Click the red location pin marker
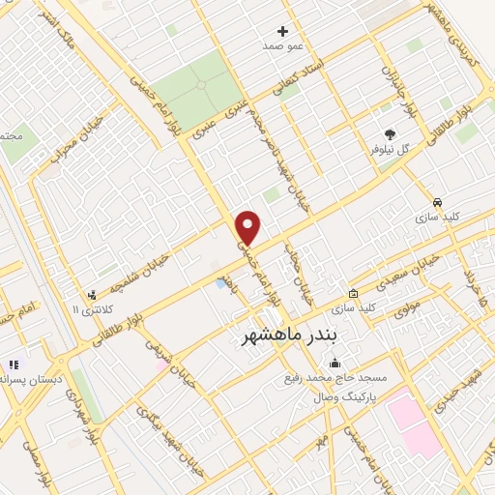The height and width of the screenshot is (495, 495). point(248,228)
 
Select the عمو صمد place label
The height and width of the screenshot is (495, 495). point(282,46)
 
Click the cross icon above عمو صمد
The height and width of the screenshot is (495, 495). point(282,31)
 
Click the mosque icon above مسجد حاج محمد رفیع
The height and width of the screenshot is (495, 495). point(335,364)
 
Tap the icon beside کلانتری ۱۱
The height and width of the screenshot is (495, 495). point(93,294)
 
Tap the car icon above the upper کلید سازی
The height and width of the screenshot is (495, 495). point(438,203)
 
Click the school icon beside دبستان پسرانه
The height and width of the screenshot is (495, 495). point(14,364)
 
